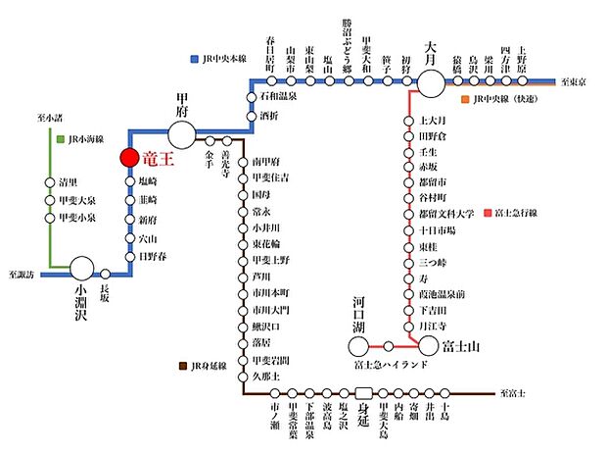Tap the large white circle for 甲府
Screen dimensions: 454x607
point(182,131)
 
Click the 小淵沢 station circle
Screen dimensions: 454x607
point(81,266)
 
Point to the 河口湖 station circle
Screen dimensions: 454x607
point(358,344)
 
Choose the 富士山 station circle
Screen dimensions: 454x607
point(429,344)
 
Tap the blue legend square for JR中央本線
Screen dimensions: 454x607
point(196,60)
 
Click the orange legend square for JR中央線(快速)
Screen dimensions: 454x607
point(464,99)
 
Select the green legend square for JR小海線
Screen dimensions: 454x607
point(60,140)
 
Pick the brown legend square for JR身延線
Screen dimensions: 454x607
point(183,366)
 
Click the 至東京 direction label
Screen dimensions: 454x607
point(579,81)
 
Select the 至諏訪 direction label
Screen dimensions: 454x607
point(21,276)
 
